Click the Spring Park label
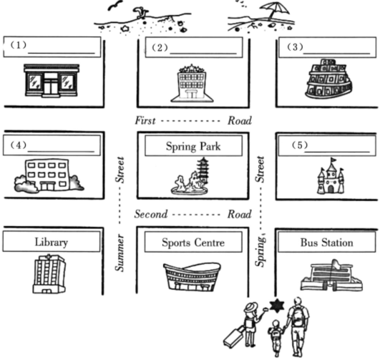193,146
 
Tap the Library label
51,242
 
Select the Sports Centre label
193,243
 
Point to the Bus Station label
326,243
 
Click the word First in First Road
145,120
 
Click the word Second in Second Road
151,214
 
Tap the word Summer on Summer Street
120,253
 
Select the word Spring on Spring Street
260,251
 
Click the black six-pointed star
277,306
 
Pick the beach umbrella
275,10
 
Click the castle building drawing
331,176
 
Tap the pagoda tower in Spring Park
203,170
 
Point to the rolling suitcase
233,336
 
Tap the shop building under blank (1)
52,81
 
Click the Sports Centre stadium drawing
192,277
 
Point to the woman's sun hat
250,307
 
